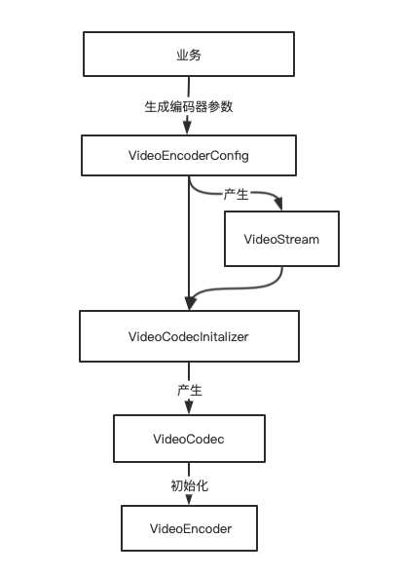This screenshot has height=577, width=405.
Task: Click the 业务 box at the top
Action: pos(189,54)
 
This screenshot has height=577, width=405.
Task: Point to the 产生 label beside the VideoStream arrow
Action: pos(236,194)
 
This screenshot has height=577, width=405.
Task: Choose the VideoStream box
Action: pos(281,239)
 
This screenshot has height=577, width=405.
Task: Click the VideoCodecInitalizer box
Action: pos(189,336)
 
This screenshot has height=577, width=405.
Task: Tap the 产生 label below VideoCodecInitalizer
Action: pos(189,389)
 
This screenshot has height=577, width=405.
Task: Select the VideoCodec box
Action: pos(189,440)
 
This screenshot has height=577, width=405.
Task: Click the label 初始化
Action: pos(189,483)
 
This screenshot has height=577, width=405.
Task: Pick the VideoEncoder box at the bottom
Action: pos(190,528)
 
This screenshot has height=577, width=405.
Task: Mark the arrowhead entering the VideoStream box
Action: pos(281,205)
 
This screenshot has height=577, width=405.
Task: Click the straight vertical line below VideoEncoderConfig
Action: pos(189,234)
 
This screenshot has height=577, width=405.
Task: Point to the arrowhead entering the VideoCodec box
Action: pos(189,408)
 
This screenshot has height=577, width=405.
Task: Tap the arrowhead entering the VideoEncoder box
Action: pos(189,500)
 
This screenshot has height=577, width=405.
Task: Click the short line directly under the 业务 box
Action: pos(189,86)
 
